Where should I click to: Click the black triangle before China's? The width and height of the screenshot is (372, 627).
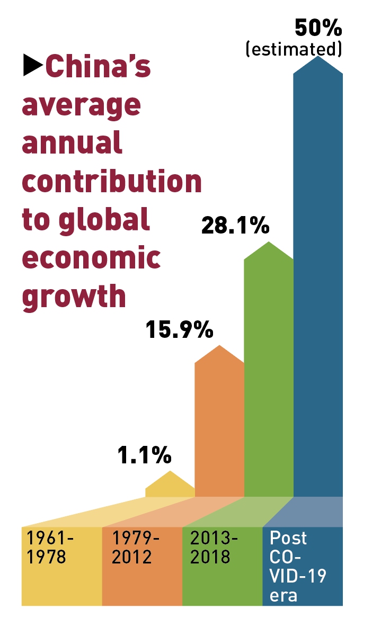click(32, 66)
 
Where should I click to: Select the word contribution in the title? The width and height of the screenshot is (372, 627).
click(112, 181)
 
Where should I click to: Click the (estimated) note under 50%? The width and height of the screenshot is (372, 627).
click(293, 49)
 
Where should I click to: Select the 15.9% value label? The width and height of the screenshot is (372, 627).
click(179, 330)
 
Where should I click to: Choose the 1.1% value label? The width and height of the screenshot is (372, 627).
click(144, 455)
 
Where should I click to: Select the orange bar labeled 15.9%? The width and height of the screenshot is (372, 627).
click(219, 424)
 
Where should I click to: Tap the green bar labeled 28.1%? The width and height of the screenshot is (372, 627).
click(269, 371)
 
